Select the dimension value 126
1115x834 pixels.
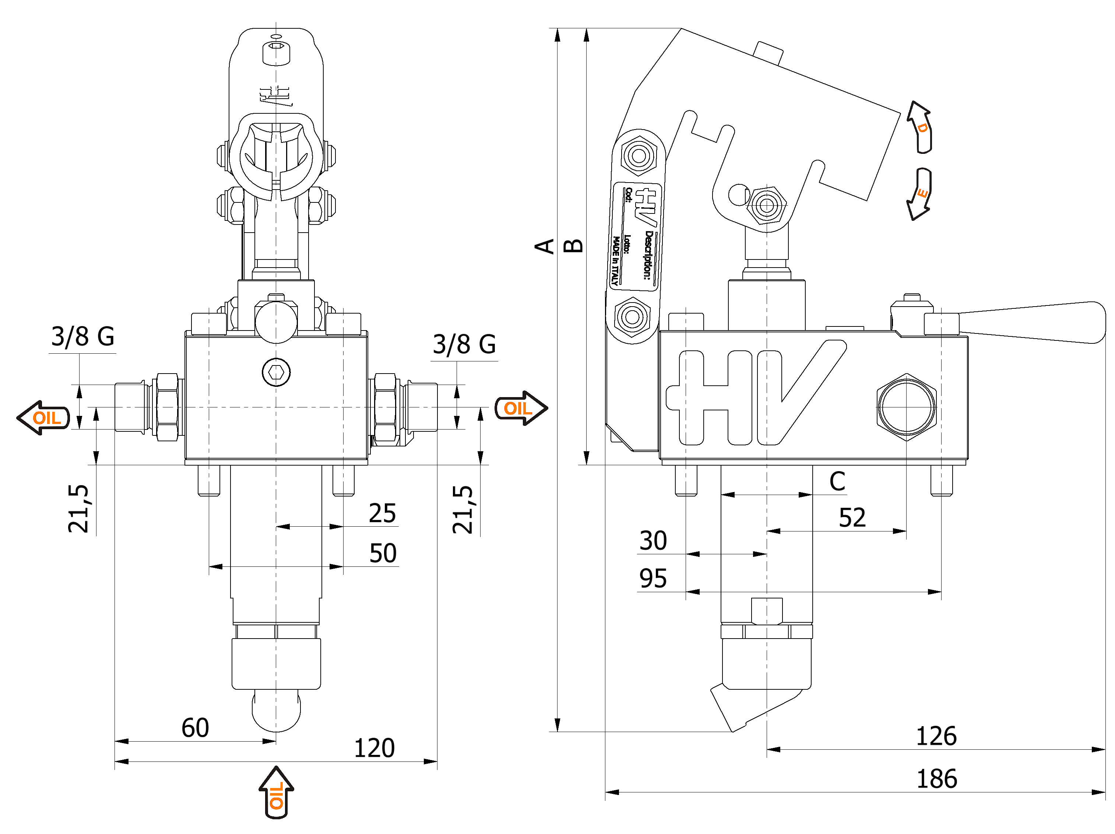(936, 736)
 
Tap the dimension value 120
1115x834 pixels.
(374, 748)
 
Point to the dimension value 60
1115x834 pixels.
(195, 728)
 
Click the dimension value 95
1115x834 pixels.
(653, 579)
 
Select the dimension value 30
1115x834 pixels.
(653, 541)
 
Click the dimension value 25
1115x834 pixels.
(382, 513)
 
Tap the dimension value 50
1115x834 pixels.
(383, 553)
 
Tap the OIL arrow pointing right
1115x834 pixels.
(520, 408)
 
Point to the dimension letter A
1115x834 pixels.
(544, 247)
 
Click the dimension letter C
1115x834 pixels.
(837, 482)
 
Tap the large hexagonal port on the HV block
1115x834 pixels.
(906, 407)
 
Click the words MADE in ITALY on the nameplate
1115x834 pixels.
(615, 261)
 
